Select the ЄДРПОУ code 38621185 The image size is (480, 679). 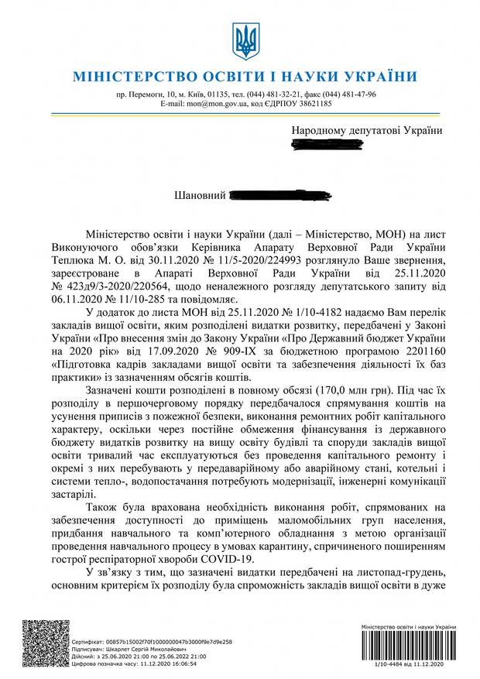point(314,103)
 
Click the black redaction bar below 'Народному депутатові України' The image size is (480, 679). point(365,144)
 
